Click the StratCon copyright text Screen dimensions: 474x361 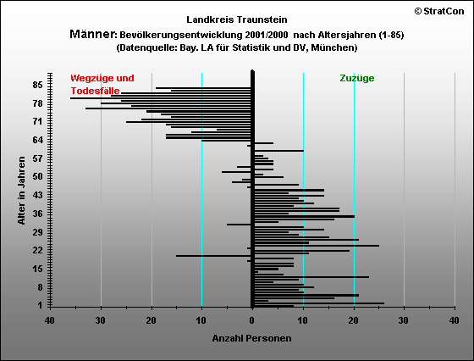coord(439,11)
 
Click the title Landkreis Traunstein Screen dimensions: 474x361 coord(237,19)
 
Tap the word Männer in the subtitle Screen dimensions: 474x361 coord(93,34)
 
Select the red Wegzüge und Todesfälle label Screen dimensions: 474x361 coord(102,85)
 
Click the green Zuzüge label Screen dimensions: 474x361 coord(357,78)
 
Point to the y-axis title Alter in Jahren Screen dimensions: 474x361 coord(21,191)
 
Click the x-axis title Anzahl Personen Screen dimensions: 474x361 coord(252,338)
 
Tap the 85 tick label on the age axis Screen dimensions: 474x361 coord(38,85)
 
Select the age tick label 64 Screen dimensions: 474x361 coord(38,140)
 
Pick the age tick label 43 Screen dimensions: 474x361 coord(38,195)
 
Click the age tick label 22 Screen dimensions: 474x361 coord(38,250)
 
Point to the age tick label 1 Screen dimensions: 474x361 coord(41,305)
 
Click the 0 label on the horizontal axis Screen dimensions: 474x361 coord(252,320)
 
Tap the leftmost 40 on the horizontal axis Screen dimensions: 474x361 coord(50,320)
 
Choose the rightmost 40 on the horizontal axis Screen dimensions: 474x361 coord(455,320)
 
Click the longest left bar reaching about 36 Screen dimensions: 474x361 coord(161,98)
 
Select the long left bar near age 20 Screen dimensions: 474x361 coord(213,256)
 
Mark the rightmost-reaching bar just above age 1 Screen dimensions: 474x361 coord(319,303)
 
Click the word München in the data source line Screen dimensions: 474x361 coord(333,47)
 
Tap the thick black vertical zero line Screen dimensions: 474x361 coord(253,189)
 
